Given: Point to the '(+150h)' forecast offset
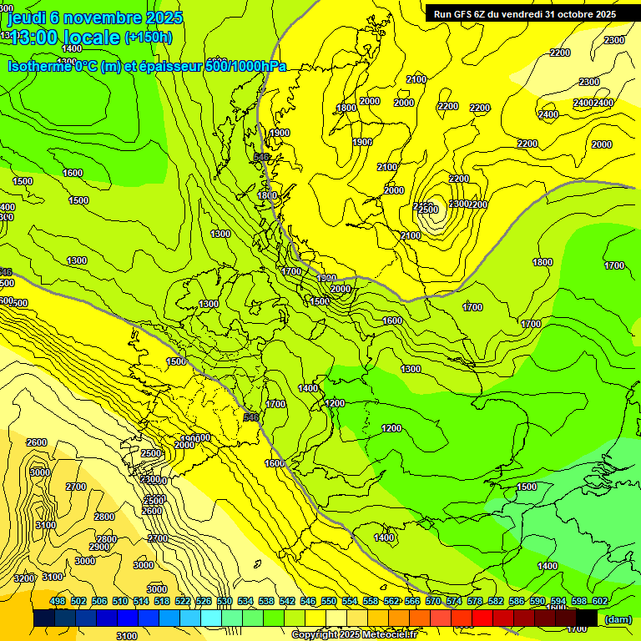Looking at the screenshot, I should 148,38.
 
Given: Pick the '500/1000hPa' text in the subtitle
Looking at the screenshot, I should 245,67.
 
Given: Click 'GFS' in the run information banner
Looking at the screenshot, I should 467,14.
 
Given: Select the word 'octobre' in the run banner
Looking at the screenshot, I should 569,14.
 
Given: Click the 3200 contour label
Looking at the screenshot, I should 24,578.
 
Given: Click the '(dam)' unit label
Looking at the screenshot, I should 618,619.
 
